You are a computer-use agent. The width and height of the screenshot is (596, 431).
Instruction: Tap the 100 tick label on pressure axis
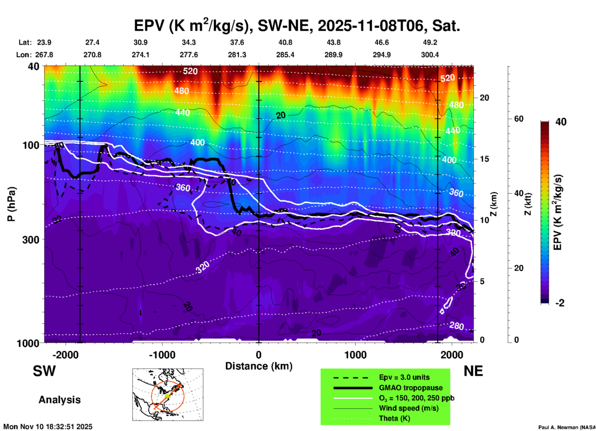tap(31, 145)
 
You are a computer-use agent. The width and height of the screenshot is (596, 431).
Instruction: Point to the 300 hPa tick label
tap(31, 239)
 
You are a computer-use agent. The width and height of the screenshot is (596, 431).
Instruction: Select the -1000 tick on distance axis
tap(162, 355)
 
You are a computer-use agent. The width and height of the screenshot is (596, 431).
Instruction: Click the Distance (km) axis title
tap(259, 366)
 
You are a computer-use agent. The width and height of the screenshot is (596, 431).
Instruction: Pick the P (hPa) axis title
tap(11, 204)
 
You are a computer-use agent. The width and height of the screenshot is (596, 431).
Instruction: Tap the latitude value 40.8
tap(285, 42)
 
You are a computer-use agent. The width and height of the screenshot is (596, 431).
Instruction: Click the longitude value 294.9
tap(382, 55)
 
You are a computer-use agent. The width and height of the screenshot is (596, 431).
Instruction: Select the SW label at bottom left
tap(44, 371)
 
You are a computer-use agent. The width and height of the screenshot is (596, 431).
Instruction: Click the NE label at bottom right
tap(473, 371)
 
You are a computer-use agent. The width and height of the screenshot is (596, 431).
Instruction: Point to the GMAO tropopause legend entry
tap(411, 388)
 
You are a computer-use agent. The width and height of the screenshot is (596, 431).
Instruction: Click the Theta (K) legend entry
tap(394, 418)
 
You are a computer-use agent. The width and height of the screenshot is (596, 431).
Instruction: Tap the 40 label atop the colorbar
tap(561, 122)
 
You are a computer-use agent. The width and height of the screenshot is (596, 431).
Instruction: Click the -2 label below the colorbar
tap(560, 303)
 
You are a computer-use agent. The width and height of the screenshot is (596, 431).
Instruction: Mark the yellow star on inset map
tap(167, 396)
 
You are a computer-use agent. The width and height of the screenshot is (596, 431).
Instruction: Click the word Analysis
tap(59, 399)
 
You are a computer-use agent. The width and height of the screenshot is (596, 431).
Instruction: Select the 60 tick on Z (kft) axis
tap(519, 119)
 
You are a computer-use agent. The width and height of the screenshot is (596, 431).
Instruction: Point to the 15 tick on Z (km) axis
tap(484, 159)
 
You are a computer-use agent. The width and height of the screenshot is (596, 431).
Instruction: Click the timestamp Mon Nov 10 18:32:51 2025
tap(48, 427)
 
